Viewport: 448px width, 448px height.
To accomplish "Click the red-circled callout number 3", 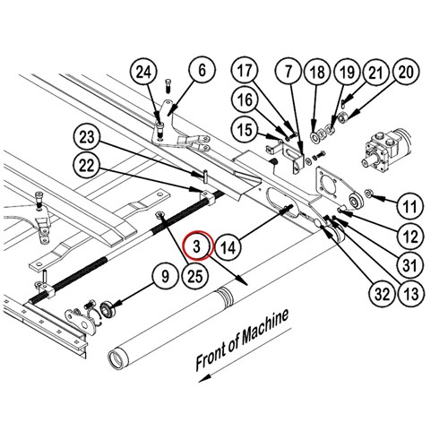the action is pos(197,246).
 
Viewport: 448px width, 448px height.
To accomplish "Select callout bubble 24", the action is pos(143,73).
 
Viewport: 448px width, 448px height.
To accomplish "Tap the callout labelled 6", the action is pos(202,71).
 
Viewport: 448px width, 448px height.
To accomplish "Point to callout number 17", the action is pos(245,71).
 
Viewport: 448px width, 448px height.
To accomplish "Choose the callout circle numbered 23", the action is pos(87,137).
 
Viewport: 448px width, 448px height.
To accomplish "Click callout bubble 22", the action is pos(87,165).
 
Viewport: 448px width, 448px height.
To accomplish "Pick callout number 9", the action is pos(165,276).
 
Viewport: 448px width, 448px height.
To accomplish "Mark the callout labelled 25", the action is pos(194,276).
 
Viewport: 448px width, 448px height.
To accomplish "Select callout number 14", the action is pos(228,247).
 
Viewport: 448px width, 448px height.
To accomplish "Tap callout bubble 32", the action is pos(382,294).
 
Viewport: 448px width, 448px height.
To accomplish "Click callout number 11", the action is pos(410,206).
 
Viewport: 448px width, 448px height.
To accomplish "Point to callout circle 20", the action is pos(405,73).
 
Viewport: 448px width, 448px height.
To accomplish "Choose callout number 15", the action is pos(245,130).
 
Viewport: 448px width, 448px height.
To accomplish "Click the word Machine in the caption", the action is pos(265,326).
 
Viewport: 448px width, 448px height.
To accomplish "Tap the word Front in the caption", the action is pos(211,357).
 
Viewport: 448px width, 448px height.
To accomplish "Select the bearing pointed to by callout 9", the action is pos(106,308).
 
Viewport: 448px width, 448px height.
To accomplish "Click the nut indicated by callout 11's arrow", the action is pos(368,194).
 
